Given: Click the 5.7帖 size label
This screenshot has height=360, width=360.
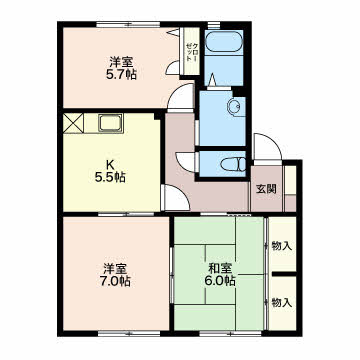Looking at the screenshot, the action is point(121,75).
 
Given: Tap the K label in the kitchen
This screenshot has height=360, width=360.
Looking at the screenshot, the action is point(109,165).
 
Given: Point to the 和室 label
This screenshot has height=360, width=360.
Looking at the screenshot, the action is point(220,269).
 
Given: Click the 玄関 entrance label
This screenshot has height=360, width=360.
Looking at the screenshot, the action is point(266,189).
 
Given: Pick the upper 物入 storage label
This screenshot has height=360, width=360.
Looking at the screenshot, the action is point(282,246).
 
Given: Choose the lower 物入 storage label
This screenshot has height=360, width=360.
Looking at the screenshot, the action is point(282,303).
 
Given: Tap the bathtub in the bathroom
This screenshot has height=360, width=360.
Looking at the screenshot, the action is point(223,42).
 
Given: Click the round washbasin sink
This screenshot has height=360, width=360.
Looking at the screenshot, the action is point(233,107).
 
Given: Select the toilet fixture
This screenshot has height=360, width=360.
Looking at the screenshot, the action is point(233,165).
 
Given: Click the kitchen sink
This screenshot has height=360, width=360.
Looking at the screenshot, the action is point(110,123).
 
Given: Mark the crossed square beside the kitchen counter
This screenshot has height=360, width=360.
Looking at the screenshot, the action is point(73,123).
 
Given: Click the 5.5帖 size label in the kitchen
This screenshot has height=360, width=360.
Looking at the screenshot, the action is point(110,178).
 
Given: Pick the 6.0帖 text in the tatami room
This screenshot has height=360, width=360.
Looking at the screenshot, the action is point(220,281).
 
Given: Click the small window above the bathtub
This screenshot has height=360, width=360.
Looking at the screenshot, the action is point(214,25).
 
